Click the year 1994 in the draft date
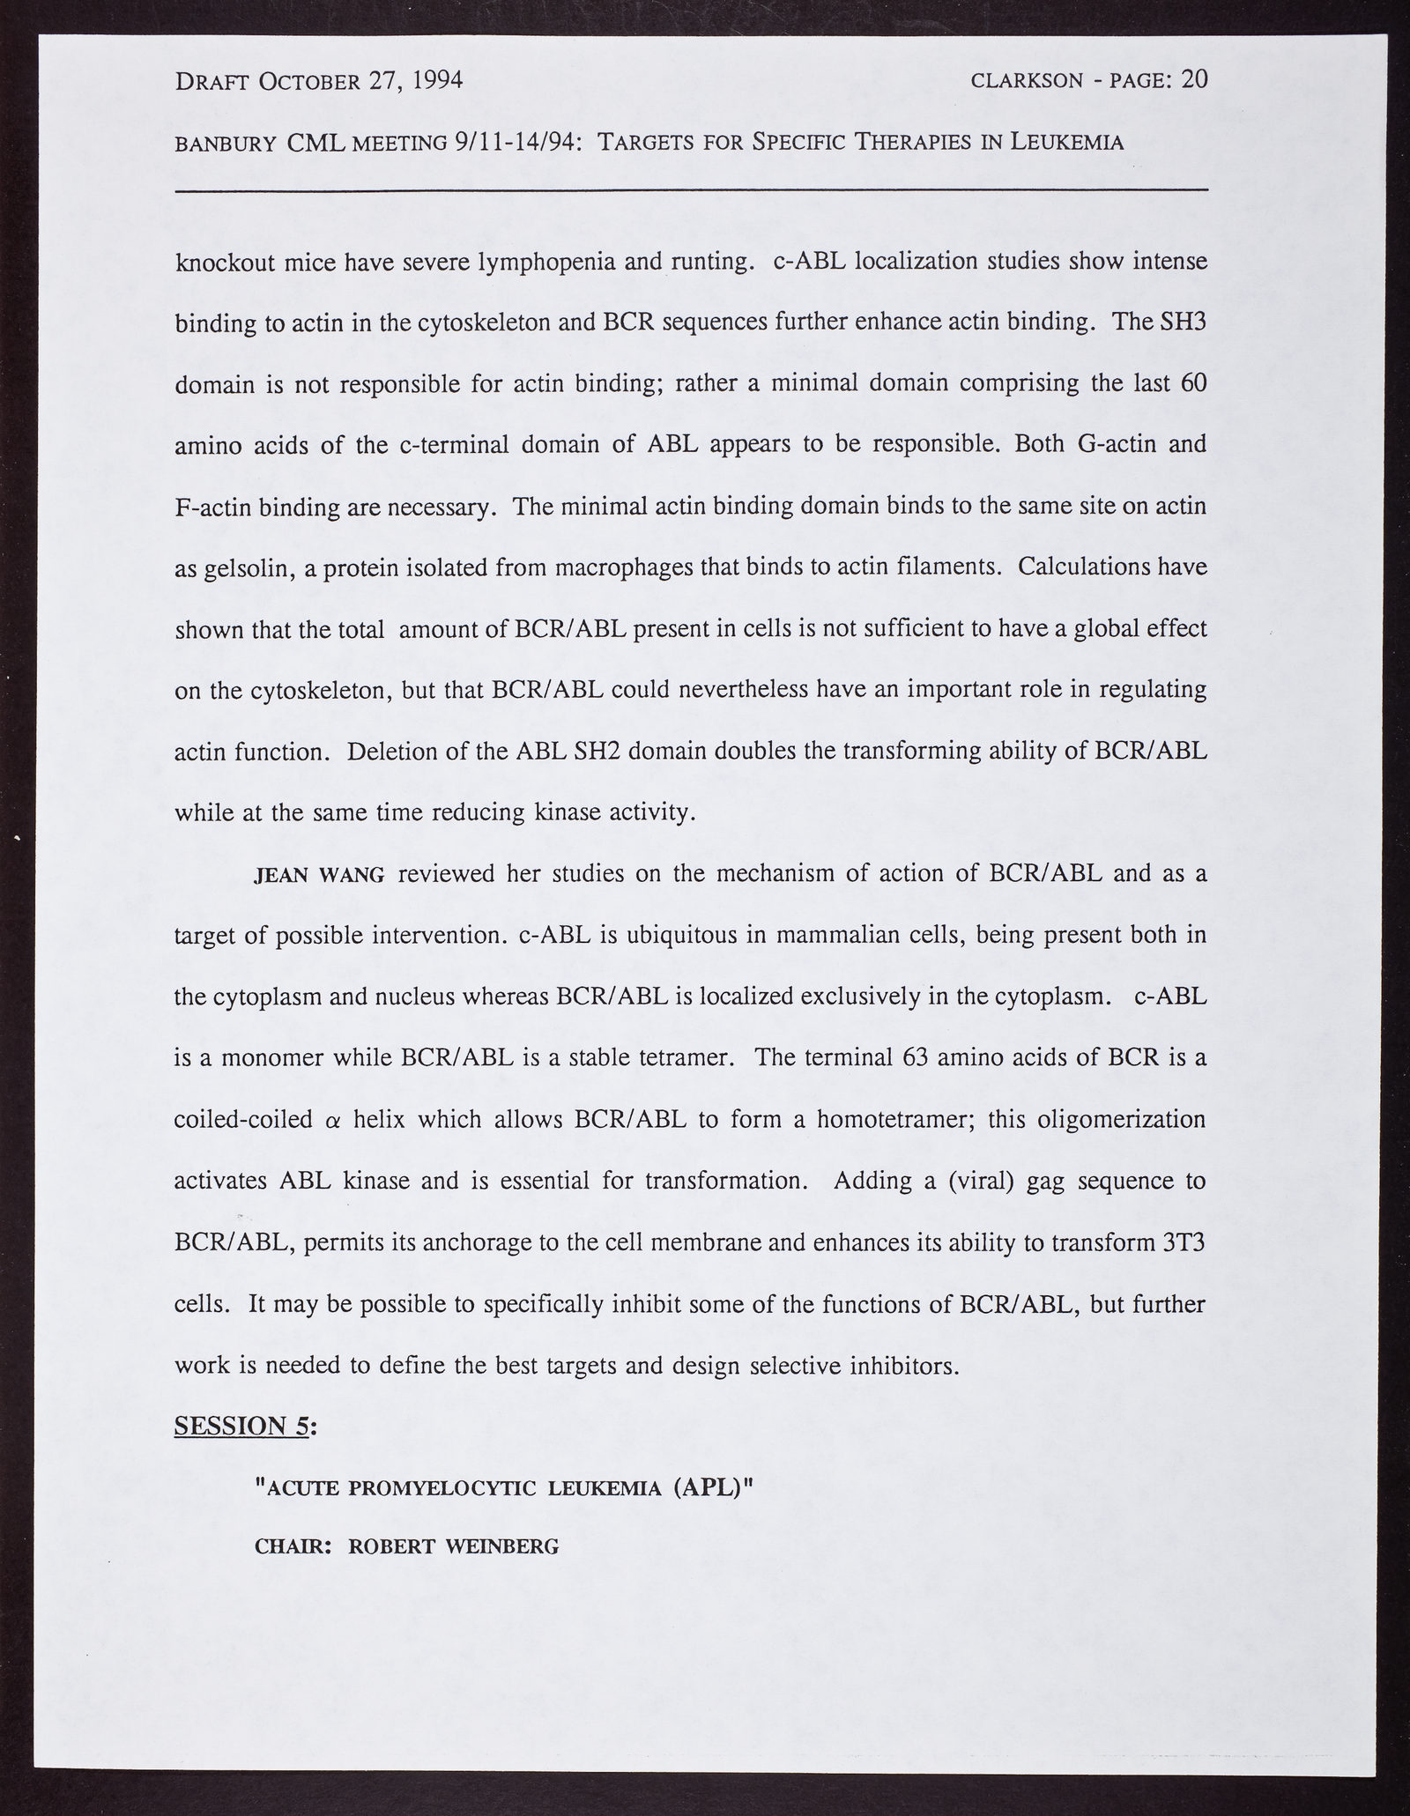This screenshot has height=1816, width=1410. point(430,81)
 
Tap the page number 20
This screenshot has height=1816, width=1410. point(1194,80)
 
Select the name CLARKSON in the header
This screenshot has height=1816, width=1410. point(1026,82)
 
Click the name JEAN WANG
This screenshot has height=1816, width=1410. point(319,875)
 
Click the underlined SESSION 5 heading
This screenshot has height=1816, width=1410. point(243,1425)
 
